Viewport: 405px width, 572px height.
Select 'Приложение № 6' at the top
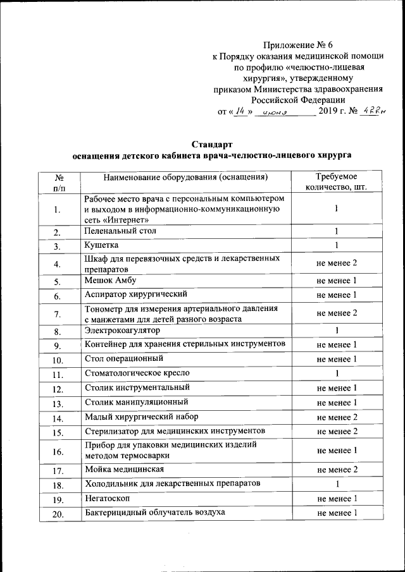pyautogui.click(x=297, y=45)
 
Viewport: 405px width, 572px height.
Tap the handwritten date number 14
pyautogui.click(x=239, y=111)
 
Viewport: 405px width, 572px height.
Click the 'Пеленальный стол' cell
pyautogui.click(x=120, y=231)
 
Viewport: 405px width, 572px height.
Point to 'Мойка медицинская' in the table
pyautogui.click(x=125, y=469)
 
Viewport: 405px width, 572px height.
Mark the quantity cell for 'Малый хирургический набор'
pyautogui.click(x=337, y=417)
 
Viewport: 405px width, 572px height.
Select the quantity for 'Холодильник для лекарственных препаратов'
pyautogui.click(x=337, y=484)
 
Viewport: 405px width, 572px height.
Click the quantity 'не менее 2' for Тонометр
pyautogui.click(x=337, y=313)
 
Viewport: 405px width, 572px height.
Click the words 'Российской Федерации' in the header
pyautogui.click(x=297, y=99)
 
